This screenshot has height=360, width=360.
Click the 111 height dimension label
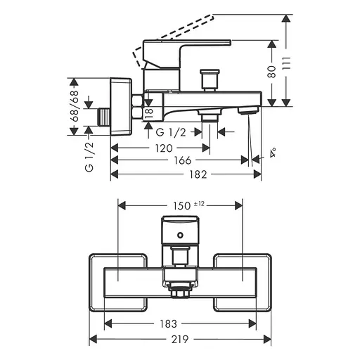point(286,63)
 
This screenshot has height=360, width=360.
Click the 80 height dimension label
point(272,72)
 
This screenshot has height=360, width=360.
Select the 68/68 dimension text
point(75,106)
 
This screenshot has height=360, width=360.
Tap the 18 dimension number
point(148,113)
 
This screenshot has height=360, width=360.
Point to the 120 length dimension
point(164,148)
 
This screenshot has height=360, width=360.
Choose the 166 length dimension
point(183,160)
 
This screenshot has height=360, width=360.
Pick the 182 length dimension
point(198,174)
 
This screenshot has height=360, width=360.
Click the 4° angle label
point(273,153)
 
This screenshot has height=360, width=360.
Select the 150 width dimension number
point(182,206)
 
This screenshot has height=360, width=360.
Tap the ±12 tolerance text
point(199,204)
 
